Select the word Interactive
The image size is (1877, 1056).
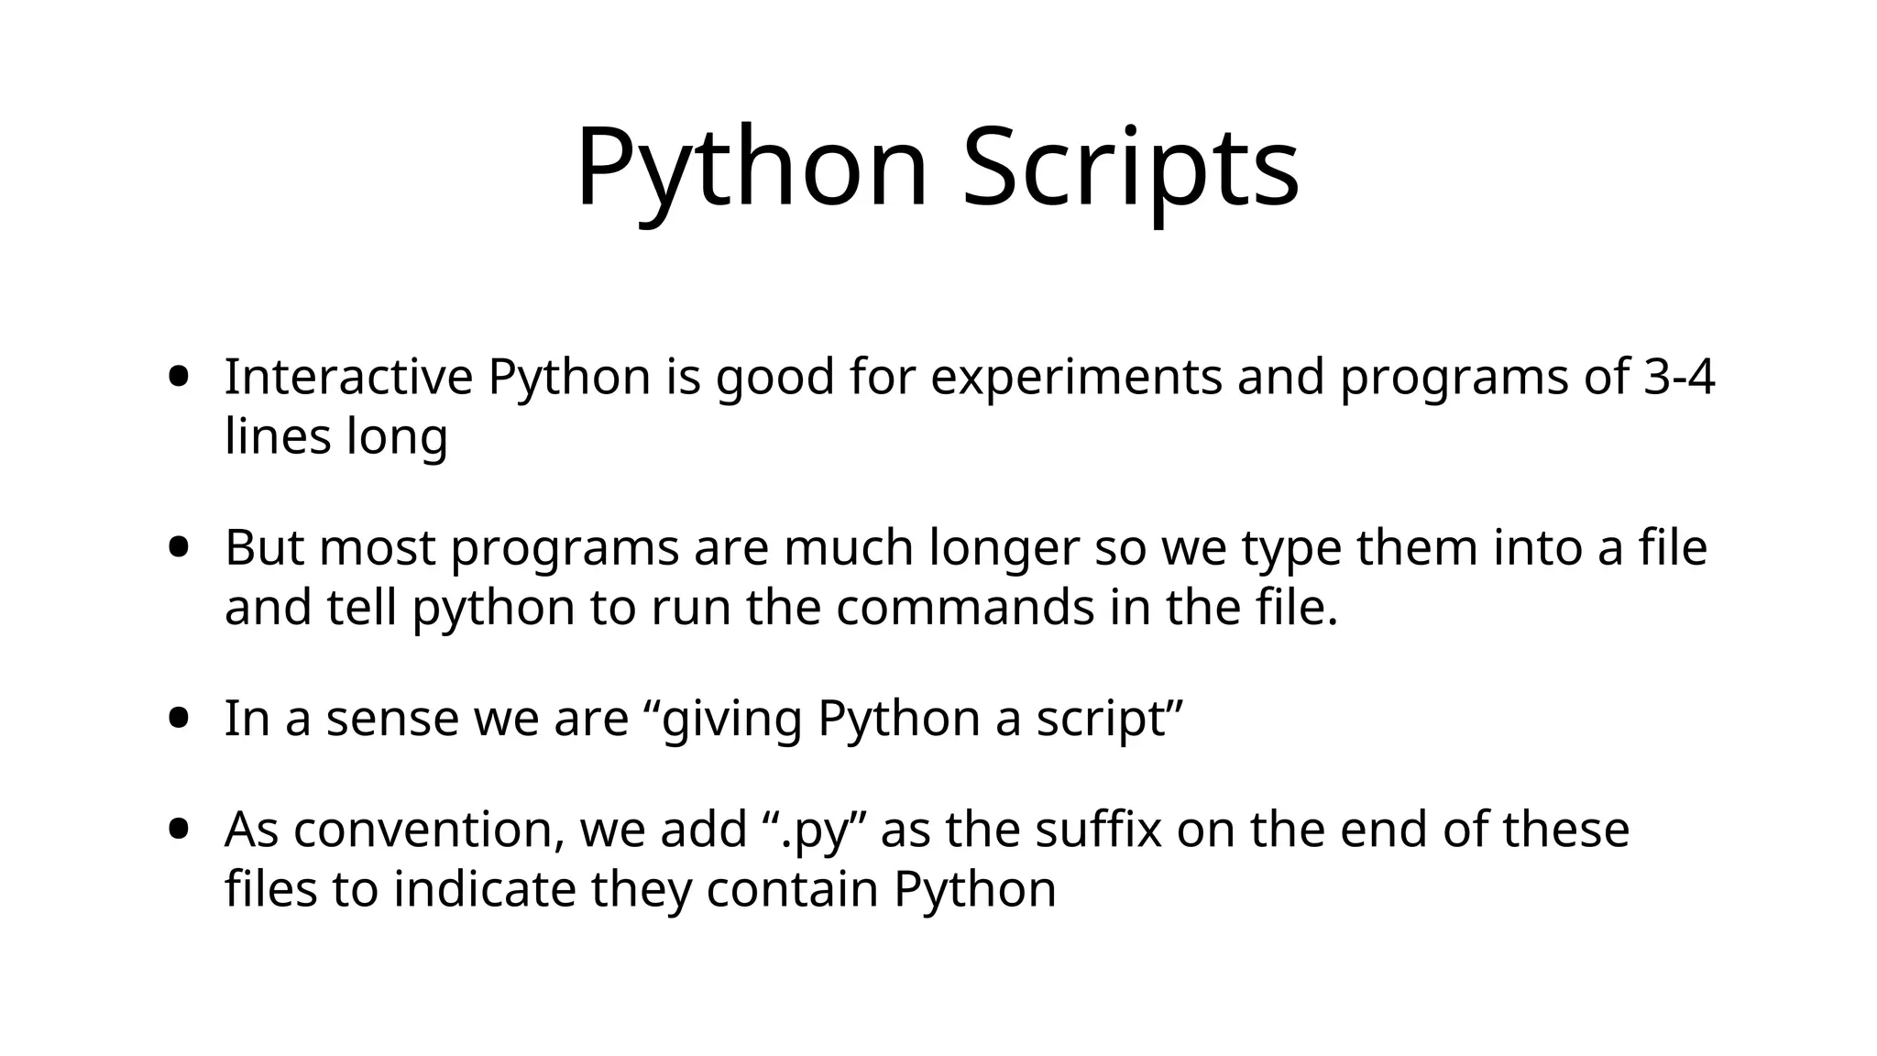(348, 377)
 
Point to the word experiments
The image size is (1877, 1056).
(1076, 377)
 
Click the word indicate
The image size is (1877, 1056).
(484, 889)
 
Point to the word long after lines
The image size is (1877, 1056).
(397, 438)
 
